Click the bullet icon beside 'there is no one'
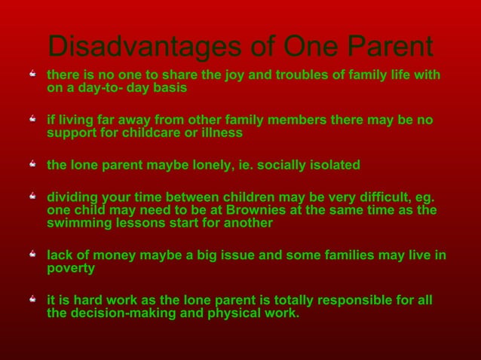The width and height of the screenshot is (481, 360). point(33,75)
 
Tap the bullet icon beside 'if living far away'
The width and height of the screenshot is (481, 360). point(33,121)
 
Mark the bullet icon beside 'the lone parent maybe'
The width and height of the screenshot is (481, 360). point(33,165)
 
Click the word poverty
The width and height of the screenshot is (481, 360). point(71,268)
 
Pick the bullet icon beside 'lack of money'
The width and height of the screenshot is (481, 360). point(33,255)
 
